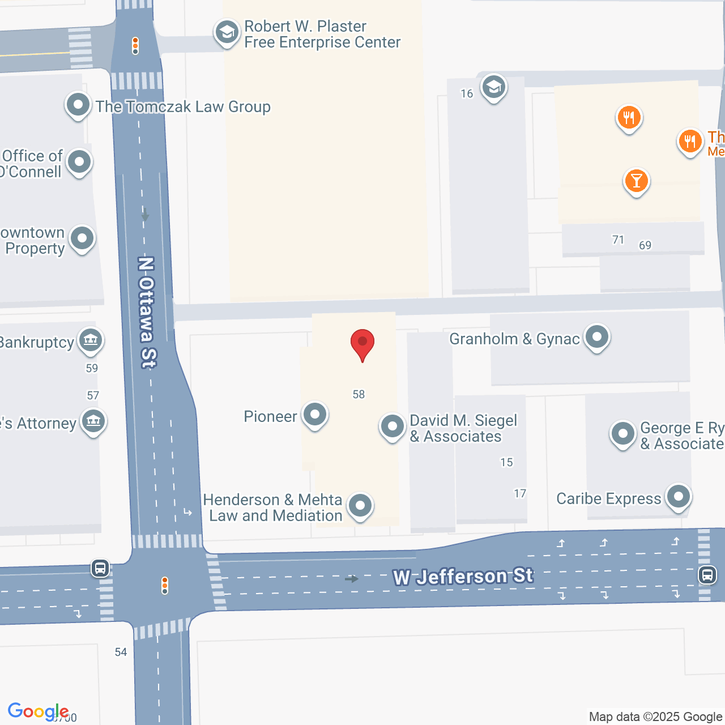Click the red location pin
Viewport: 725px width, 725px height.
362,343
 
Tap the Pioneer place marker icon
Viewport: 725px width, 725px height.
314,415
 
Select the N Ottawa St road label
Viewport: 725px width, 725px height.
147,312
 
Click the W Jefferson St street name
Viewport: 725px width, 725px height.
463,577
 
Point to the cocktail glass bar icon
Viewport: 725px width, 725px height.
636,181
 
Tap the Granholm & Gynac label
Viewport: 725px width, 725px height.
514,339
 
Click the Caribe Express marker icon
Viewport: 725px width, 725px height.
678,497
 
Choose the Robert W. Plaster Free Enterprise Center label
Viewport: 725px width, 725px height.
322,35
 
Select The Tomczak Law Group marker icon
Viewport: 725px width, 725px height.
78,105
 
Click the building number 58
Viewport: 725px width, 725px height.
359,394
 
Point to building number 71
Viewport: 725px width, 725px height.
618,240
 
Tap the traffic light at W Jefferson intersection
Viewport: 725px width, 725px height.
165,585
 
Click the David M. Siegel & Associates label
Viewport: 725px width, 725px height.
463,428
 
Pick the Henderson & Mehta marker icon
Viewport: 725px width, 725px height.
360,505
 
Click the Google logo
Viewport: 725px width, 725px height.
38,711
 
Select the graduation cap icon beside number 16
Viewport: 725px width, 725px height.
493,88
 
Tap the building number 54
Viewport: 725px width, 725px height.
121,652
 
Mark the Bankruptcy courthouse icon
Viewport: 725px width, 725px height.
91,340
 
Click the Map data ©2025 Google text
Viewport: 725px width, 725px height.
655,717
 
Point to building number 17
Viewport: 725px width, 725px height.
520,493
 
